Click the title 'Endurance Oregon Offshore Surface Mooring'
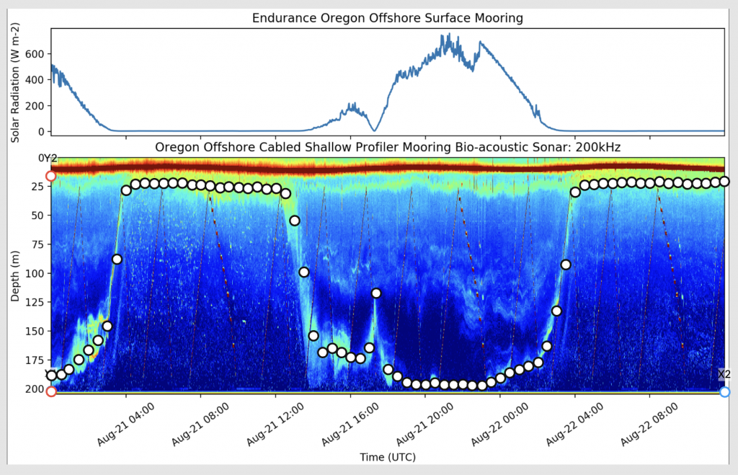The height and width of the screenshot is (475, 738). point(387,17)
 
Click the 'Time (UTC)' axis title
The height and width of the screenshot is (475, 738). point(387,457)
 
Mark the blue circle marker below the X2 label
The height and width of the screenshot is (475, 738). point(725,391)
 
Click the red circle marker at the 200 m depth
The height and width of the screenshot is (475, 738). point(51,391)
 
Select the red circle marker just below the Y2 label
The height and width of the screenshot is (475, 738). point(50,176)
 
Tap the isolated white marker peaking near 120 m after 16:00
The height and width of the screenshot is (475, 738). point(376,293)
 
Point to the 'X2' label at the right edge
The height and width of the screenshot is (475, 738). point(724,374)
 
